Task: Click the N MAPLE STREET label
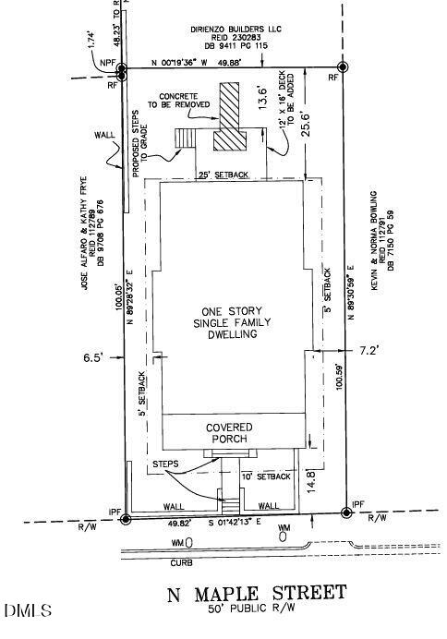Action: (x=257, y=592)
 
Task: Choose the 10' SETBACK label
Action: (x=265, y=476)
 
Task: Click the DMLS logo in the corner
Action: (x=29, y=611)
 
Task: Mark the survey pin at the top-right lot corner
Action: (x=343, y=67)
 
